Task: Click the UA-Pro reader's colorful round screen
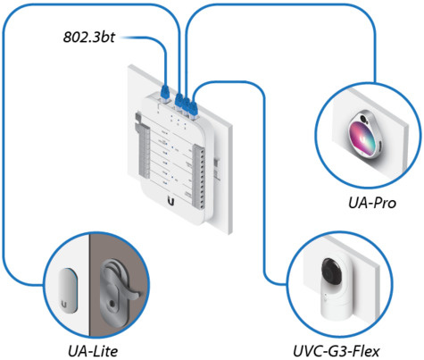[368, 143]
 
